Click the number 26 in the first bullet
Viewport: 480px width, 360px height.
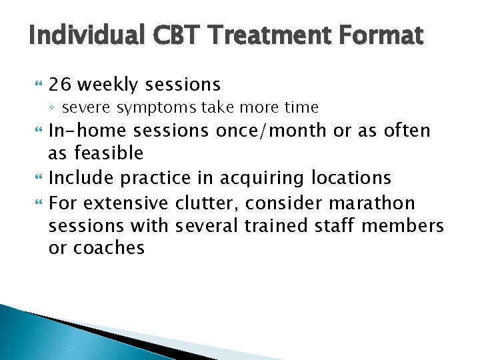point(59,85)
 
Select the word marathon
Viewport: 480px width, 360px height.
point(377,202)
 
